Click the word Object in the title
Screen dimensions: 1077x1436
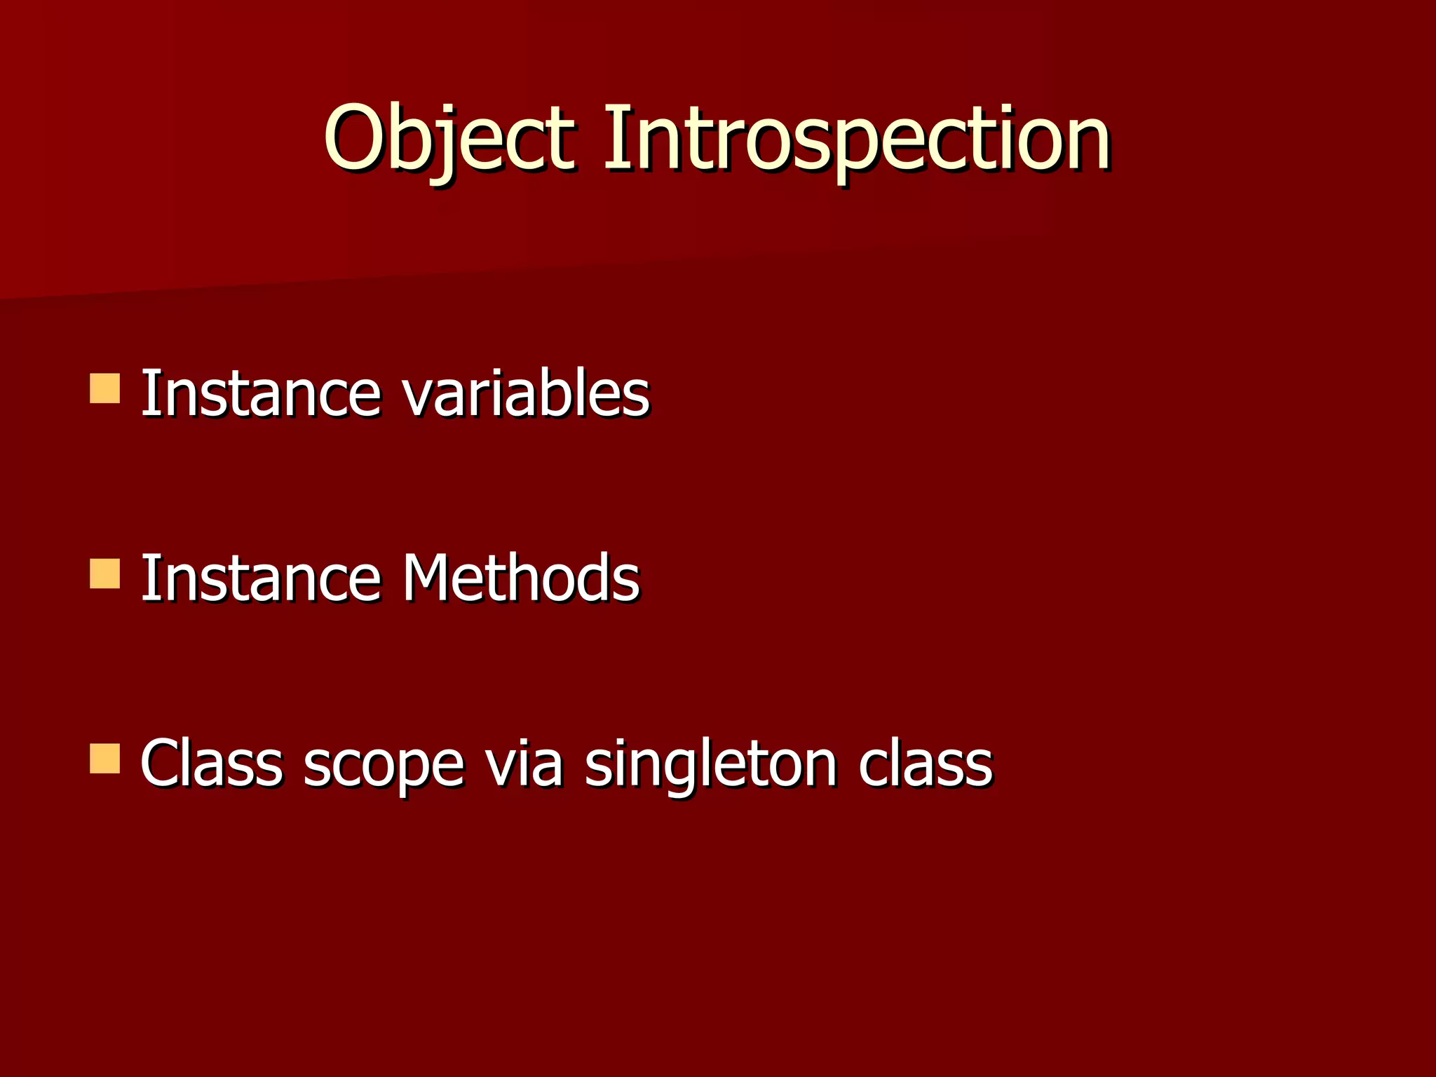pyautogui.click(x=449, y=138)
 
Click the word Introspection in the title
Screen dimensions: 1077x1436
pyautogui.click(x=855, y=138)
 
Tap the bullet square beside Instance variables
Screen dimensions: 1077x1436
pyautogui.click(x=105, y=388)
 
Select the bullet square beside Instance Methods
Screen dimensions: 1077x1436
pyautogui.click(x=105, y=574)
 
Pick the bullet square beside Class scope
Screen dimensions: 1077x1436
pyautogui.click(x=105, y=759)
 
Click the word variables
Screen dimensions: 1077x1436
pyautogui.click(x=526, y=394)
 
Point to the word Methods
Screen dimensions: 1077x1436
pyautogui.click(x=520, y=578)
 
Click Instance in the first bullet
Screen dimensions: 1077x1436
pyautogui.click(x=261, y=394)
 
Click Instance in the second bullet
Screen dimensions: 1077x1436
pyautogui.click(x=261, y=578)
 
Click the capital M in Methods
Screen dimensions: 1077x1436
pyautogui.click(x=428, y=578)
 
